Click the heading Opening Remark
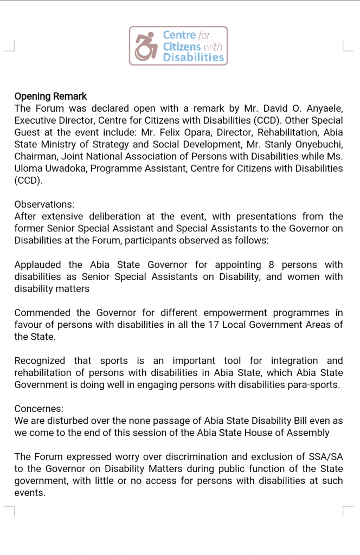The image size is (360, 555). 50,96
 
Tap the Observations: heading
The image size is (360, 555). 44,204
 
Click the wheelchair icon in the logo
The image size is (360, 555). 145,46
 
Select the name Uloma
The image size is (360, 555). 31,168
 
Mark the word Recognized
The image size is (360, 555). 40,360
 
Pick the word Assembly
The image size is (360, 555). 310,433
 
